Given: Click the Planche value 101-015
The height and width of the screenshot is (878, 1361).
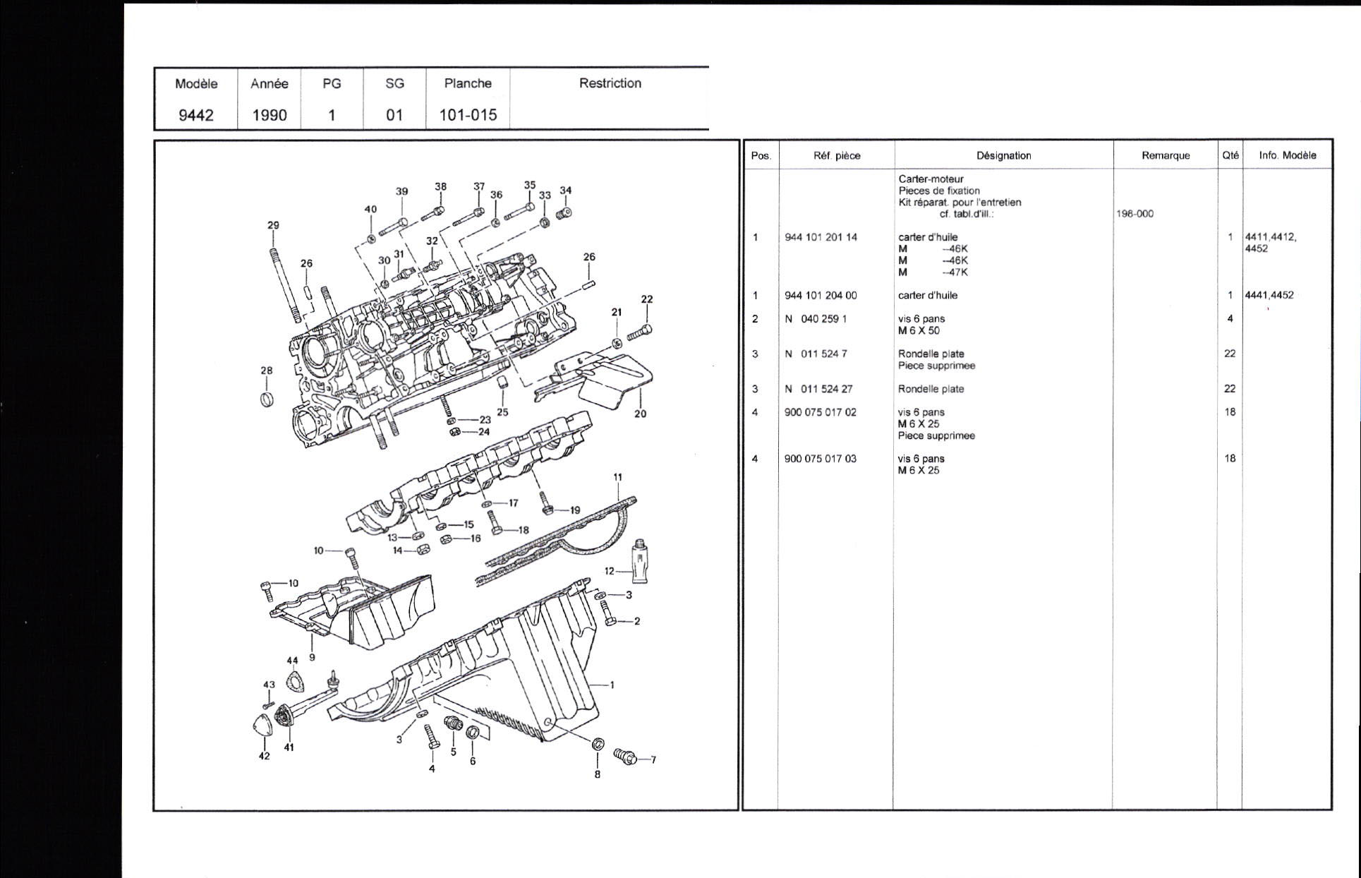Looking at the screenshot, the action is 468,115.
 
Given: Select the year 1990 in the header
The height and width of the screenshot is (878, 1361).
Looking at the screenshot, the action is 270,115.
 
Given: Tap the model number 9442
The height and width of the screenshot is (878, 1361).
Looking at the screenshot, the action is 195,115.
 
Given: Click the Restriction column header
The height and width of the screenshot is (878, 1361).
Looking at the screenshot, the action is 610,83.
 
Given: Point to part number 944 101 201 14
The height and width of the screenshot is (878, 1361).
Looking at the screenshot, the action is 821,237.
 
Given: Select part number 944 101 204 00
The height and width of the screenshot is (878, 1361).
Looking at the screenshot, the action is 821,296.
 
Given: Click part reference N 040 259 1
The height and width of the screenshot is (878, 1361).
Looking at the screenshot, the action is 816,319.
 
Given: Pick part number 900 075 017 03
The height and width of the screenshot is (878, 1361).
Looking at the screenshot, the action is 821,459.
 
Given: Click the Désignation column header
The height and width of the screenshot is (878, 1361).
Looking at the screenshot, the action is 1004,155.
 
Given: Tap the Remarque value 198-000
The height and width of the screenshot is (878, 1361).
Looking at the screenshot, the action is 1135,214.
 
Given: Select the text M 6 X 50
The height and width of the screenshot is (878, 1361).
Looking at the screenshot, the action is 919,330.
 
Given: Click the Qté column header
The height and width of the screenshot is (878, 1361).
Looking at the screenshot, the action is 1230,155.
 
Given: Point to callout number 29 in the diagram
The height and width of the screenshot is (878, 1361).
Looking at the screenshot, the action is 273,225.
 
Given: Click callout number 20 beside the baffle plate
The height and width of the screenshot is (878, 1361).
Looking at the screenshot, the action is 640,414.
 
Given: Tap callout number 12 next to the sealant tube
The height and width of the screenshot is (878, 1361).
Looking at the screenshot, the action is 610,571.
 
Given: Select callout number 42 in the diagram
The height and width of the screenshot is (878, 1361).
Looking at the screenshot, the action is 264,756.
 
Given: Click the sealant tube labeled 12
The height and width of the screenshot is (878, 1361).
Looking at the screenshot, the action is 641,561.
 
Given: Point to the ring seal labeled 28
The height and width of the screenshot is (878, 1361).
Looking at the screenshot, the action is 266,399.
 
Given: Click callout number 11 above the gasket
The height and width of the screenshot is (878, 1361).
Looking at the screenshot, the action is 618,477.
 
